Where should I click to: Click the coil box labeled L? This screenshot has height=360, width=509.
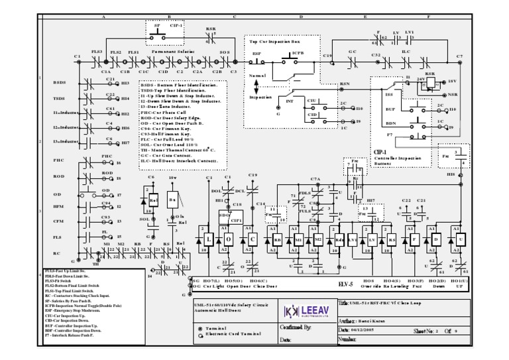point(209,239)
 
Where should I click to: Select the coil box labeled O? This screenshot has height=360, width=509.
point(229,239)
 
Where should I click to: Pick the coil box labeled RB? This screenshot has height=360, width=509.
point(278,239)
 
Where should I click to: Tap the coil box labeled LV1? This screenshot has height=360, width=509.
point(352,239)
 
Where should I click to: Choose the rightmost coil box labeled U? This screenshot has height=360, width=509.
point(459,239)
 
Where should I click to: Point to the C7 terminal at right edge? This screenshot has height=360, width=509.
point(459,57)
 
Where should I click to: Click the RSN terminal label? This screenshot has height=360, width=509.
point(345,84)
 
